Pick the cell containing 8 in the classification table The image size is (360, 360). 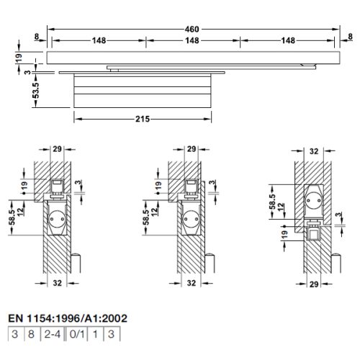click(x=30, y=334)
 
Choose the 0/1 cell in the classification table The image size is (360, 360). click(x=73, y=334)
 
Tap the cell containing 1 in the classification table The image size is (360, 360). click(x=94, y=334)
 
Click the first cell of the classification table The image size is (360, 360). click(x=14, y=334)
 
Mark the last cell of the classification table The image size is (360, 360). click(x=111, y=334)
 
